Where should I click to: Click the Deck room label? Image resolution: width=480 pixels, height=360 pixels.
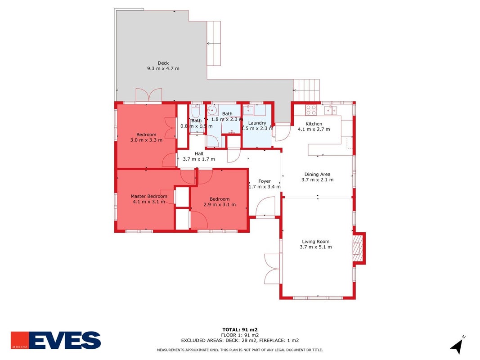[x=163, y=63]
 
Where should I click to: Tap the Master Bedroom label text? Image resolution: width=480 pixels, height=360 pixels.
[x=149, y=196]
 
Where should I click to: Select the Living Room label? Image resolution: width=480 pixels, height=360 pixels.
[x=316, y=242]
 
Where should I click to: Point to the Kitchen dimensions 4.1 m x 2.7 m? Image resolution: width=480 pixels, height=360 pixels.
[x=314, y=129]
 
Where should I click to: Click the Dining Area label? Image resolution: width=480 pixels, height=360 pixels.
[x=317, y=175]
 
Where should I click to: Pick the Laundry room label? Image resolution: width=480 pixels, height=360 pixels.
[x=257, y=123]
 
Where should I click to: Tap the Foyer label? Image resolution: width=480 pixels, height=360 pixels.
[x=264, y=181]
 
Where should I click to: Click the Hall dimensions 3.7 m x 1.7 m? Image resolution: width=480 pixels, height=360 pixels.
[x=199, y=159]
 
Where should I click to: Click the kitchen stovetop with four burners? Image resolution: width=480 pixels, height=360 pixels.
[x=311, y=110]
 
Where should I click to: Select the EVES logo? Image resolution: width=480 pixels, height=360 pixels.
[x=56, y=340]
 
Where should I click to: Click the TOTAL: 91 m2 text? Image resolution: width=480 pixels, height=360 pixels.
[x=240, y=330]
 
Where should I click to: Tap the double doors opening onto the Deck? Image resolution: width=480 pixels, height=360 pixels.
[x=149, y=95]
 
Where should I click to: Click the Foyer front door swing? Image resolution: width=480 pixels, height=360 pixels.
[x=265, y=207]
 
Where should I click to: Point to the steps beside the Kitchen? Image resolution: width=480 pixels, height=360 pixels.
[x=307, y=90]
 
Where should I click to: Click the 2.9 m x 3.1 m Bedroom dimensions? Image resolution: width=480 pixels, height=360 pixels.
[x=220, y=204]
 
